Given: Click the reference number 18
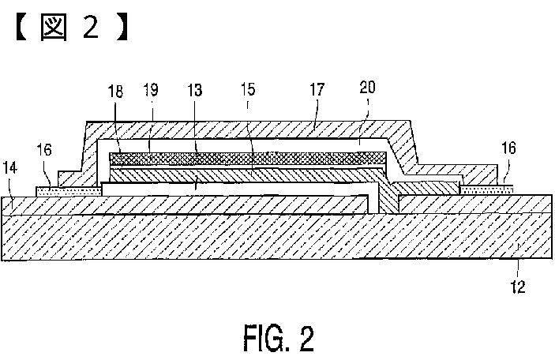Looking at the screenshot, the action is pos(115,92).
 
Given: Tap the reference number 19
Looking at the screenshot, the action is pos(151,90).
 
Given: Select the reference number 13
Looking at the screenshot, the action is pos(195,90).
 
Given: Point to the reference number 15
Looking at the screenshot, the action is pos(248,89).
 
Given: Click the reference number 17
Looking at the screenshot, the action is pos(317,89).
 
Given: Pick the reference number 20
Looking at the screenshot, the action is pos(367,87).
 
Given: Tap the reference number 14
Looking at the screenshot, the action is pos(10,167).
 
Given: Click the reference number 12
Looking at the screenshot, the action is pos(518,287).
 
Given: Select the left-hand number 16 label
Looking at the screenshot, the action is pos(44,150).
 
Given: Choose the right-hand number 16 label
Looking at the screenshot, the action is pos(508,148).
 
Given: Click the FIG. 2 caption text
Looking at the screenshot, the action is pos(279,339).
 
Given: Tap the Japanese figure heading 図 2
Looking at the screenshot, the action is pos(72,28).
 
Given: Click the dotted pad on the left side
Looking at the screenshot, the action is pos(69,192).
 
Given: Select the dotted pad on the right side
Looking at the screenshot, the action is pos(486,190).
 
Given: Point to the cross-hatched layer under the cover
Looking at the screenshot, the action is pos(248,158).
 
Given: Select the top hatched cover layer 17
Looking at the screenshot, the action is pos(248,129).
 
